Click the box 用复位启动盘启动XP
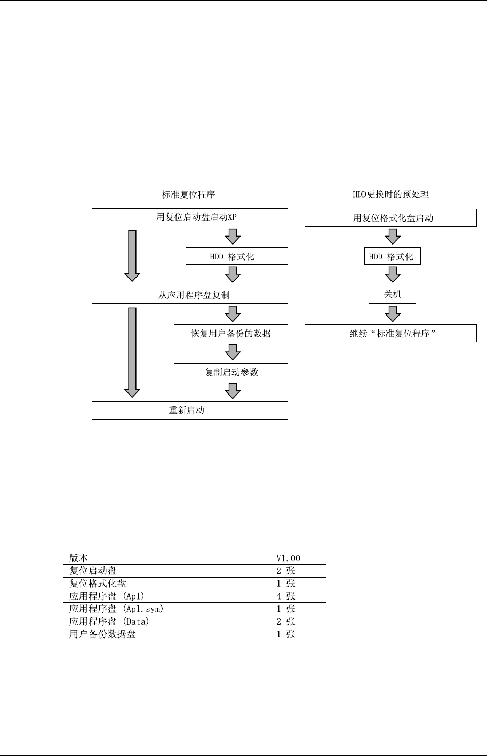click(x=190, y=217)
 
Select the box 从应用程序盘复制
click(x=190, y=295)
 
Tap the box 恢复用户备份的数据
click(x=231, y=334)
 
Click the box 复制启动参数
click(x=231, y=372)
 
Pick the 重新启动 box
click(x=190, y=411)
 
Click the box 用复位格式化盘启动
click(x=390, y=217)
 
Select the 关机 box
click(x=392, y=295)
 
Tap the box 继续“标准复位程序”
click(x=390, y=334)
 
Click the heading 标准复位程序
click(x=189, y=194)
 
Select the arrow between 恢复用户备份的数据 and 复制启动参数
click(x=233, y=352)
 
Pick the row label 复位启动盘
click(x=93, y=571)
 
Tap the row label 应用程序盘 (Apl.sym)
click(x=115, y=609)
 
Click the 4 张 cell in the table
click(x=286, y=596)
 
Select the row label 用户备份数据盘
click(x=102, y=634)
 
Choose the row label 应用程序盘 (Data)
click(x=109, y=621)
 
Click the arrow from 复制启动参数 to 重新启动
click(x=233, y=391)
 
